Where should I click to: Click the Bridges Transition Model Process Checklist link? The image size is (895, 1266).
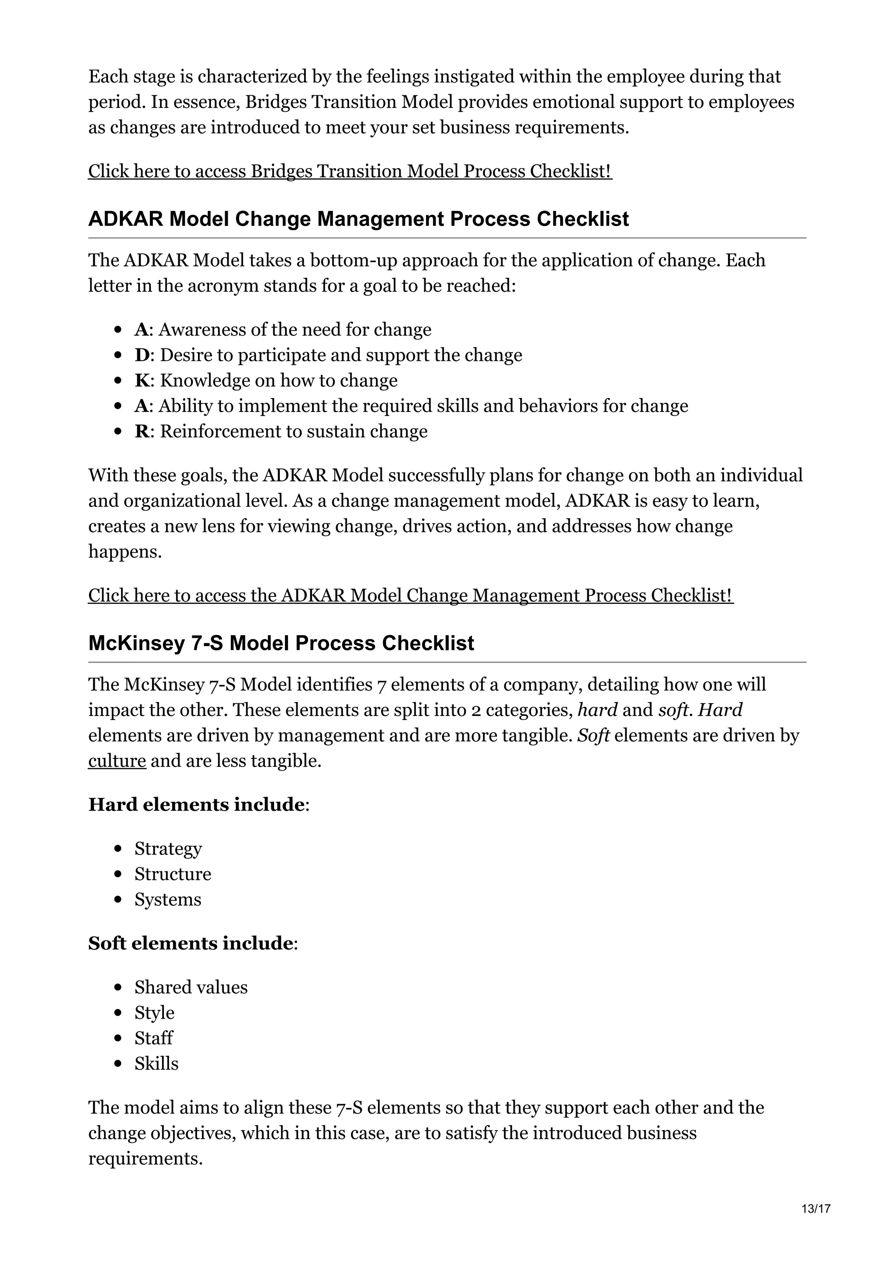tap(350, 172)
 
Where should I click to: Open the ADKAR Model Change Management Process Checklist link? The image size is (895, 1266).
tap(410, 595)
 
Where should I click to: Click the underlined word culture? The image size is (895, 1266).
tap(117, 761)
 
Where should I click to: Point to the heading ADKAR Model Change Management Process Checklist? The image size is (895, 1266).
tap(358, 219)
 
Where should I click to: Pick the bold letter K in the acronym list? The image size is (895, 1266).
tap(142, 380)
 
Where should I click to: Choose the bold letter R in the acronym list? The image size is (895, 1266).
tap(142, 431)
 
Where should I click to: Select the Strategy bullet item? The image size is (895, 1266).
tap(168, 849)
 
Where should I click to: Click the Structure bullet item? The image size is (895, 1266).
tap(173, 874)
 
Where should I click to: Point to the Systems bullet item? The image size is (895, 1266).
tap(168, 899)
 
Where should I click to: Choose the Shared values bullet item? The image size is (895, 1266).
tap(191, 987)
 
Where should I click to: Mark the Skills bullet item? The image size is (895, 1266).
tap(156, 1063)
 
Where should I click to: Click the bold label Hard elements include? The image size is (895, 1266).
tap(196, 805)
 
